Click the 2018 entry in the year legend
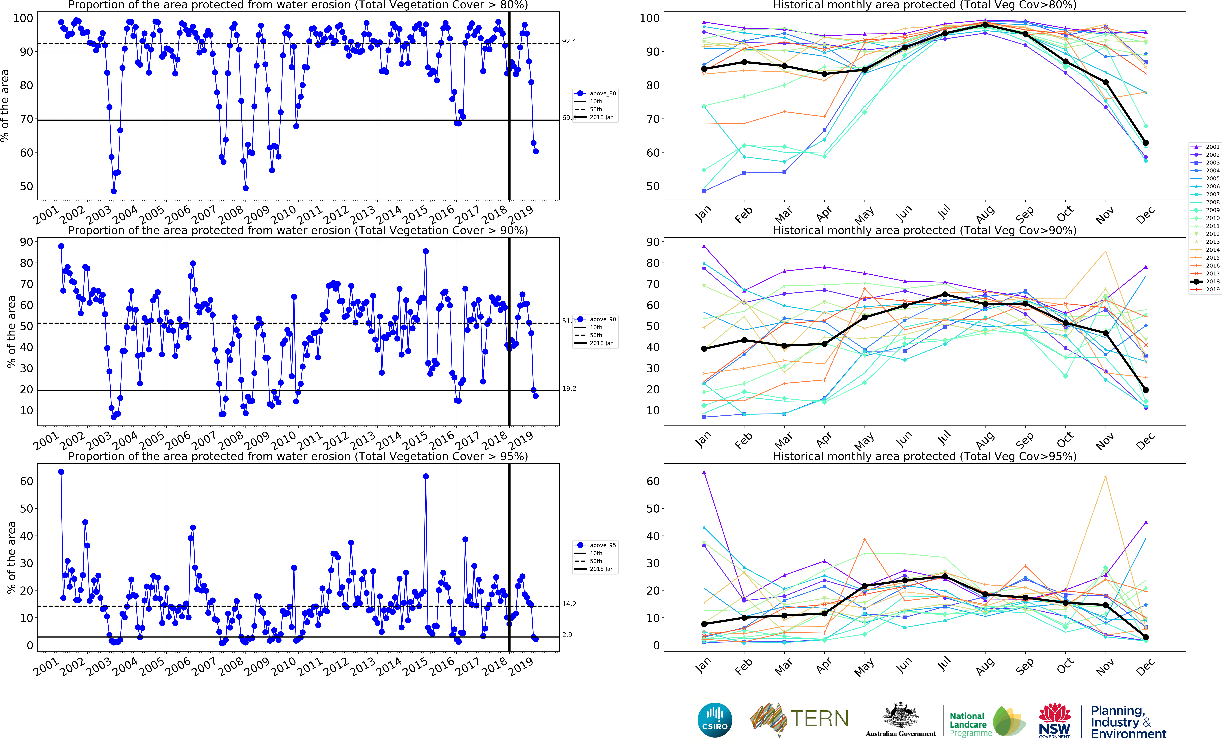tap(1212, 281)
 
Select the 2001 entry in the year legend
tap(1212, 147)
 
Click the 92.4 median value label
tap(569, 41)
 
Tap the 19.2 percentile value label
tap(569, 388)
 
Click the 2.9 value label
tap(567, 635)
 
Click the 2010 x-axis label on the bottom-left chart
tap(284, 666)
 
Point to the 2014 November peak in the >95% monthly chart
tap(1106, 476)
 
